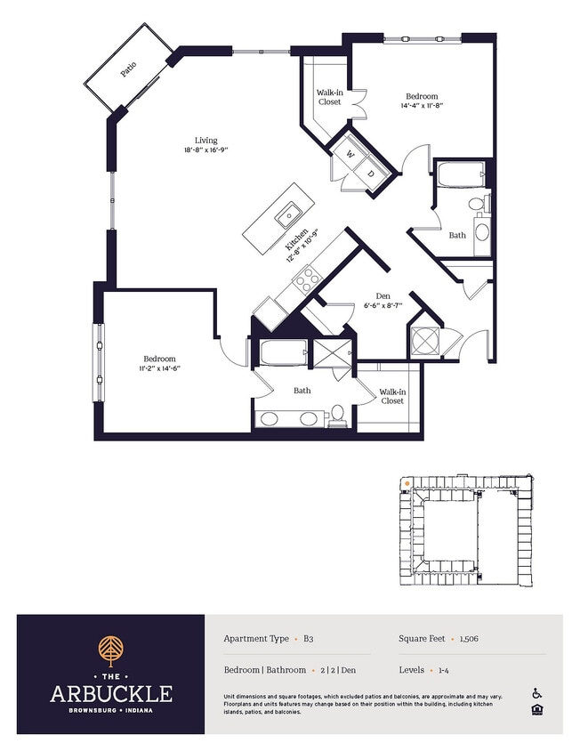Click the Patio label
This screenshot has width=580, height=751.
click(128, 69)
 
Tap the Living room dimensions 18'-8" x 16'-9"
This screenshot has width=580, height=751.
click(206, 149)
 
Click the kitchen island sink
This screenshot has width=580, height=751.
click(288, 215)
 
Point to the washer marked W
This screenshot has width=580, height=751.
click(350, 154)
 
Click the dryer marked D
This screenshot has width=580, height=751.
click(371, 174)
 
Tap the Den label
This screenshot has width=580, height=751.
click(383, 296)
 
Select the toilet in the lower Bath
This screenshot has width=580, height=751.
click(338, 415)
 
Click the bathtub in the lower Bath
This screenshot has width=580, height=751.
click(284, 353)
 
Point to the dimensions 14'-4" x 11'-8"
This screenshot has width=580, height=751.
click(422, 105)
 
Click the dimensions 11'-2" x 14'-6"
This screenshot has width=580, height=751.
click(159, 367)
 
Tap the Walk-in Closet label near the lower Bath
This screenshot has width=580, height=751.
click(392, 396)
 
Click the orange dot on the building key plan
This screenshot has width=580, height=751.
click(407, 484)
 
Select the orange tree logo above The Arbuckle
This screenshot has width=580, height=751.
click(110, 650)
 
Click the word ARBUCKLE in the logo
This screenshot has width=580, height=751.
click(111, 693)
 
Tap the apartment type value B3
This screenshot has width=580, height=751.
click(309, 639)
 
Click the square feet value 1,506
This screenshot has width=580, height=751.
click(469, 639)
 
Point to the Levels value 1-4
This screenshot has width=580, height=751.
click(444, 670)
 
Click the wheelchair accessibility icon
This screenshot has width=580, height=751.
click(537, 693)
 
